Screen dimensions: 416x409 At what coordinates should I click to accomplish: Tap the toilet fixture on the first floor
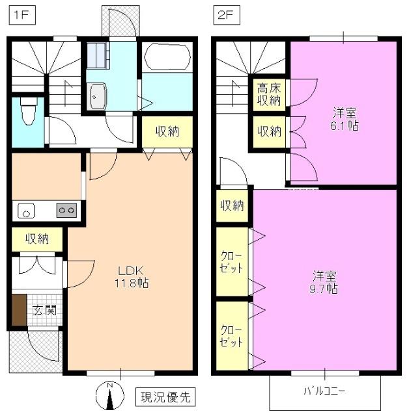[27, 111]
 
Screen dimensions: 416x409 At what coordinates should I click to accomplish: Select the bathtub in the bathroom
[167, 57]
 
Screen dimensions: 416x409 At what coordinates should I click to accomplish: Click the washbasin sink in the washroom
[98, 97]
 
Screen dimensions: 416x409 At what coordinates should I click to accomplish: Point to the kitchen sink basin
[26, 210]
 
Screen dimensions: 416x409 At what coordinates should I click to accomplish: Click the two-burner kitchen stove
[66, 210]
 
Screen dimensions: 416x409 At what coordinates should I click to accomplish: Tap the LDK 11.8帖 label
[134, 277]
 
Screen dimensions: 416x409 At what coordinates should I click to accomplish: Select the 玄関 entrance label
[44, 310]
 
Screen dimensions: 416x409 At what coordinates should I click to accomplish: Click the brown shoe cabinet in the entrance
[18, 310]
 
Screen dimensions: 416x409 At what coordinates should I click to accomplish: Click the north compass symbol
[109, 395]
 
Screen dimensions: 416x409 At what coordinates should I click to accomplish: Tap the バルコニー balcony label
[324, 392]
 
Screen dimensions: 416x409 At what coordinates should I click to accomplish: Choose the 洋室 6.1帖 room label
[343, 118]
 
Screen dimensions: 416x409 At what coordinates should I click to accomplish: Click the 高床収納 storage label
[268, 94]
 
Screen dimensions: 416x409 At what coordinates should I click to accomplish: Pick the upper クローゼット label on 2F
[231, 261]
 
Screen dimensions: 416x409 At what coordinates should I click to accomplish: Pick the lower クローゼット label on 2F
[231, 335]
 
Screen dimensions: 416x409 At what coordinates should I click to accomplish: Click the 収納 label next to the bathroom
[167, 131]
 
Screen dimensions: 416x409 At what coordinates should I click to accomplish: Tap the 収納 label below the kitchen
[38, 239]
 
